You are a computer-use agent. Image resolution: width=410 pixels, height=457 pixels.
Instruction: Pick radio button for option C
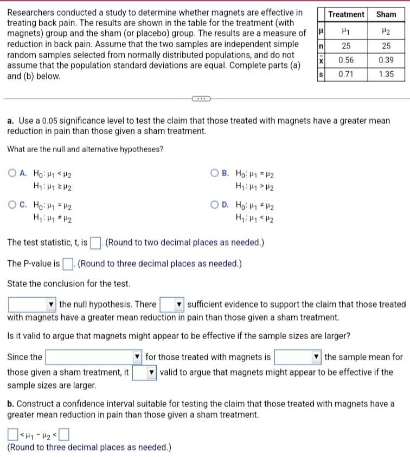pyautogui.click(x=11, y=205)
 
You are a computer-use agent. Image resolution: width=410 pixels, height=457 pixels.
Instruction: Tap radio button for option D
pyautogui.click(x=215, y=205)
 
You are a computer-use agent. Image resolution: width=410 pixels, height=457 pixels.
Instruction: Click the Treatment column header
pyautogui.click(x=346, y=14)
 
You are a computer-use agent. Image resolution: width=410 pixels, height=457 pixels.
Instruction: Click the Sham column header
pyautogui.click(x=386, y=14)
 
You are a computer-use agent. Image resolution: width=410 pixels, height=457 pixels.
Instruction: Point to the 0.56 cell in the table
pyautogui.click(x=346, y=60)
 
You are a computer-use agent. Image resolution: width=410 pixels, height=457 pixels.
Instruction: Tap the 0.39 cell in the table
pyautogui.click(x=386, y=60)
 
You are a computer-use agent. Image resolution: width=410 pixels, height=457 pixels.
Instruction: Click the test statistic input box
pyautogui.click(x=96, y=242)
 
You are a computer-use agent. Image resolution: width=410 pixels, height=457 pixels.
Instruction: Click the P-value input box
pyautogui.click(x=68, y=264)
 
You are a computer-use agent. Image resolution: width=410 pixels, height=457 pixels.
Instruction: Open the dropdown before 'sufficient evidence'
pyautogui.click(x=172, y=304)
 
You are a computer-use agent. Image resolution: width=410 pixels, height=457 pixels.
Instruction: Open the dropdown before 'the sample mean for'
pyautogui.click(x=298, y=357)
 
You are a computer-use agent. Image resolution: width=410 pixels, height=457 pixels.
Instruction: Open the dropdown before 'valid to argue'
pyautogui.click(x=145, y=373)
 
